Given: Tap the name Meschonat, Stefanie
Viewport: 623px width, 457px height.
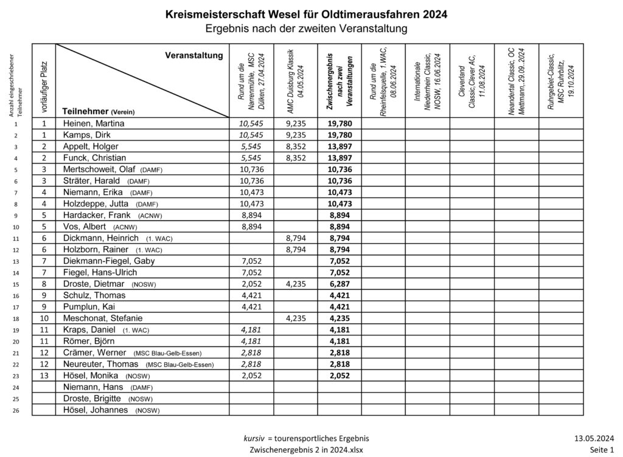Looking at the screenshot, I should tap(100, 318).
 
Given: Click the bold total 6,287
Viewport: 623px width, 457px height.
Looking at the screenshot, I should tap(339, 284).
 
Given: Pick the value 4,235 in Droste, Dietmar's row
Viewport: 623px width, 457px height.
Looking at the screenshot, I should tap(296, 284).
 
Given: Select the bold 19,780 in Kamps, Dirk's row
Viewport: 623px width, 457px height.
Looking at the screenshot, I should tap(339, 135).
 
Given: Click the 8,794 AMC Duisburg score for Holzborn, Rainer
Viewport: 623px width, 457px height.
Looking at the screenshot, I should tap(296, 250).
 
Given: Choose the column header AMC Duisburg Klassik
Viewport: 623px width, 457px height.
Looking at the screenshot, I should tap(296, 81).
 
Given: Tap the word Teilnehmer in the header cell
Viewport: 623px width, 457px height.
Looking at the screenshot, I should tap(85, 111).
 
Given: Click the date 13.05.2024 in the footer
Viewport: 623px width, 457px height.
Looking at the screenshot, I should tap(593, 438).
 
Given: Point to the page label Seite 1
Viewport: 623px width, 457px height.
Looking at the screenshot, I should tap(601, 450).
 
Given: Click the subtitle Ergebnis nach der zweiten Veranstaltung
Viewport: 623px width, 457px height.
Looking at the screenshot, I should tap(306, 28).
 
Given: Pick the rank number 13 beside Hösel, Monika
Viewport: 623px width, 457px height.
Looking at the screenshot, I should tap(44, 376).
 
